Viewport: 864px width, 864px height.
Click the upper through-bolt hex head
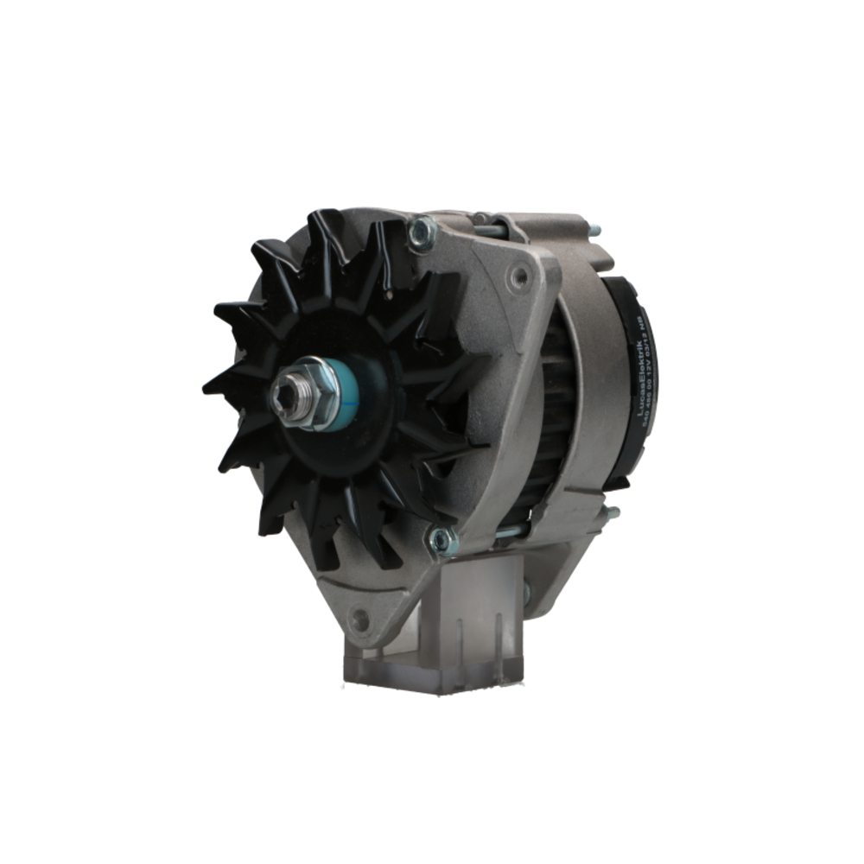[x=422, y=232]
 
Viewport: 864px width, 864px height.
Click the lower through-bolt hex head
[x=442, y=540]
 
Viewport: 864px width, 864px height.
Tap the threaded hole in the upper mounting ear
[x=519, y=276]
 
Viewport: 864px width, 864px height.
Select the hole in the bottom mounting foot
[x=360, y=619]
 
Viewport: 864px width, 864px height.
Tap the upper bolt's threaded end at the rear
[x=594, y=231]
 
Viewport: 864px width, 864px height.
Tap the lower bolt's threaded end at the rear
[x=612, y=512]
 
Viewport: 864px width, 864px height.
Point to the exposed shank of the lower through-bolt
[x=510, y=531]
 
